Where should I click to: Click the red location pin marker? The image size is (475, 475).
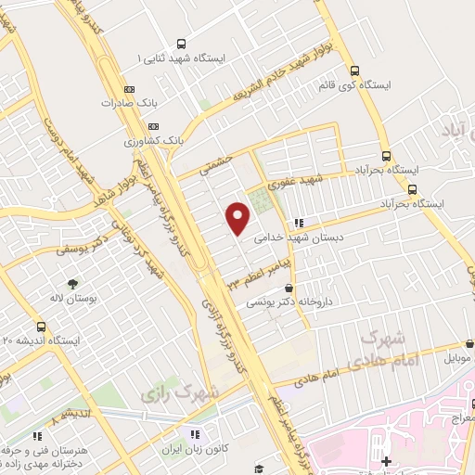[238, 218]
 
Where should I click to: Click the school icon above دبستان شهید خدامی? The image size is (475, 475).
[298, 223]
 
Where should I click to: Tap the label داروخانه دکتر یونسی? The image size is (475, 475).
[295, 302]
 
